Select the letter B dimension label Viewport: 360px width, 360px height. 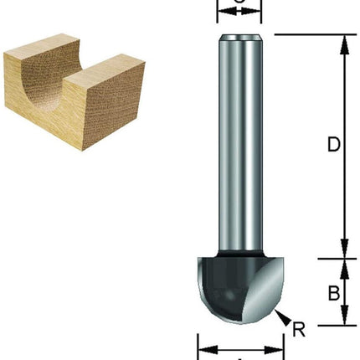point(332,293)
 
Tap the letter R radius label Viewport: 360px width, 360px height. point(299,327)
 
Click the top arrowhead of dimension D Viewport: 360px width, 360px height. point(343,42)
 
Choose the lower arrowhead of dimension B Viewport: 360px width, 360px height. point(343,319)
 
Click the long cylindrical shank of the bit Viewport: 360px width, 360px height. point(239,142)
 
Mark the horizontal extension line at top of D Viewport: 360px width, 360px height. point(310,34)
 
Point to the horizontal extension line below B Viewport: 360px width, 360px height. point(310,326)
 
